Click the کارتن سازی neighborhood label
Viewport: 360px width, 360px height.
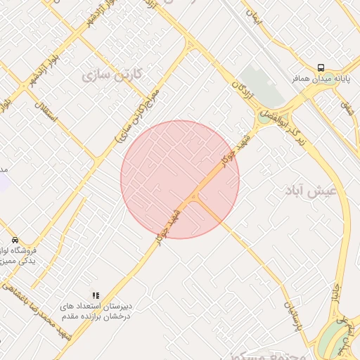(112, 74)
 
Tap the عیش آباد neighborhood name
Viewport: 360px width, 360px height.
(311, 190)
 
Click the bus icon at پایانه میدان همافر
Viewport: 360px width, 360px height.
(321, 67)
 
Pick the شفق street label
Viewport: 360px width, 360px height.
(347, 108)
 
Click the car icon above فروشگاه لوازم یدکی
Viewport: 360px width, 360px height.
(15, 240)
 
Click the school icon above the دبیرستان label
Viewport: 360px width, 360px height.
(96, 295)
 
